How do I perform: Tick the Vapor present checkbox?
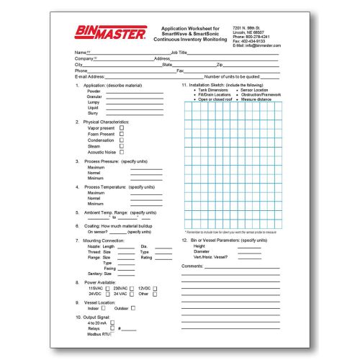click(121, 128)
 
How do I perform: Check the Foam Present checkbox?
click(121, 134)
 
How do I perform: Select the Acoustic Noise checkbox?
click(121, 152)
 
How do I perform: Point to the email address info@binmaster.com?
click(257, 45)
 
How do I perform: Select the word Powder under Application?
click(94, 92)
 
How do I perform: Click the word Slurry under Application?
click(93, 113)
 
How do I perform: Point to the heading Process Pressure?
click(105, 162)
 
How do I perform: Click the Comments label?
click(193, 266)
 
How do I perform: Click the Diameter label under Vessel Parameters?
click(201, 251)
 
